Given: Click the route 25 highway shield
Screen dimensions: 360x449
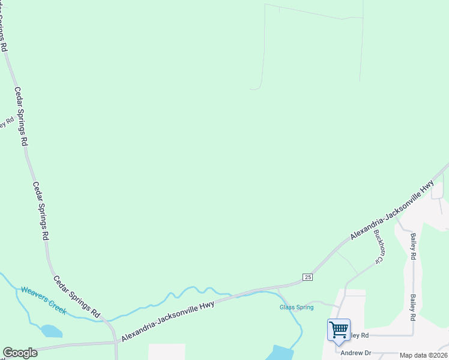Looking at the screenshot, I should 307,277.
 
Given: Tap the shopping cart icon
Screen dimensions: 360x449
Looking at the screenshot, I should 339,329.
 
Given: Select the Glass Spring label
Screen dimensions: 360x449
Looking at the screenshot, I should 297,307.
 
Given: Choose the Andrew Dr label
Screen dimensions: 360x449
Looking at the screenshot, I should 356,353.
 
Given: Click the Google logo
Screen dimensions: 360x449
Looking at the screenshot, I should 20,353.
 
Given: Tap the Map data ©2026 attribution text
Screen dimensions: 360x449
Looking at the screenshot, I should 423,355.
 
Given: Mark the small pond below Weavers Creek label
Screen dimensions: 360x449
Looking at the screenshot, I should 51,331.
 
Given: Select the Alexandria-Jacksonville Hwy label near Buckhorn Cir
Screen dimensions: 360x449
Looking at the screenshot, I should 392,212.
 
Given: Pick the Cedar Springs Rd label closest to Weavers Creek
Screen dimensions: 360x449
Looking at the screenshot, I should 77,296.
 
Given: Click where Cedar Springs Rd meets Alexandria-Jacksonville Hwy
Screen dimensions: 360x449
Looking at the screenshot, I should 116,342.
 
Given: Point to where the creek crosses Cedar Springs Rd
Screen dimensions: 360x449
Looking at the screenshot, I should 106,320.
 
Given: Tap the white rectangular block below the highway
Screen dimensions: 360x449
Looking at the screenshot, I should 167,352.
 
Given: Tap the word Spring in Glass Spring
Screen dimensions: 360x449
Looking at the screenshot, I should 304,307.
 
